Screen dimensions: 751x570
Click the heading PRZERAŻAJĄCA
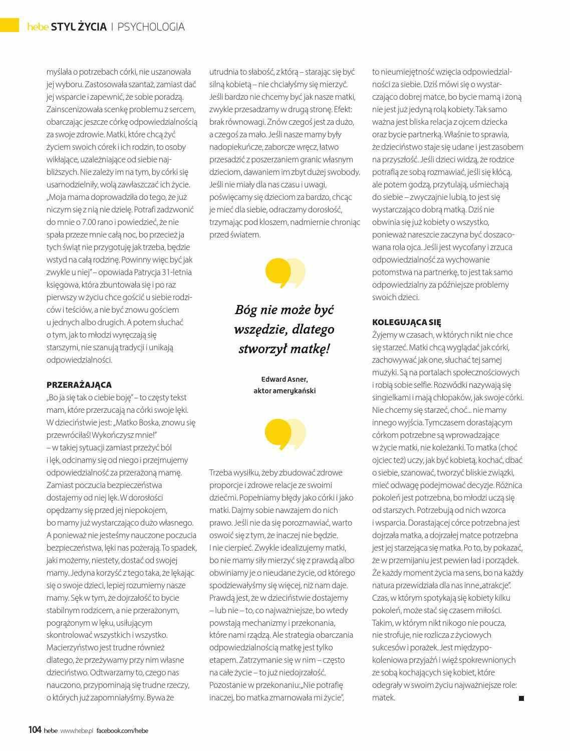tap(79, 385)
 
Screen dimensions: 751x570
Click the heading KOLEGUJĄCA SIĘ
tap(407, 322)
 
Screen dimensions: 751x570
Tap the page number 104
tap(35, 730)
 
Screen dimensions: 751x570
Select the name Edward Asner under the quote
tap(284, 379)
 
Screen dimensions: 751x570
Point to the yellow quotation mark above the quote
tap(284, 273)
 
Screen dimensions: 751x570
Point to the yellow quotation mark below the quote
tap(284, 434)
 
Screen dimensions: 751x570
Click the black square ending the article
tap(521, 698)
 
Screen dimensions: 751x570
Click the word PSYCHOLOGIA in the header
tap(151, 27)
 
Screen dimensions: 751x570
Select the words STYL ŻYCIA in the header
tap(82, 27)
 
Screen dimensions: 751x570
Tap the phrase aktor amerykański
tap(284, 391)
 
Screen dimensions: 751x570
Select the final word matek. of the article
tap(384, 697)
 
